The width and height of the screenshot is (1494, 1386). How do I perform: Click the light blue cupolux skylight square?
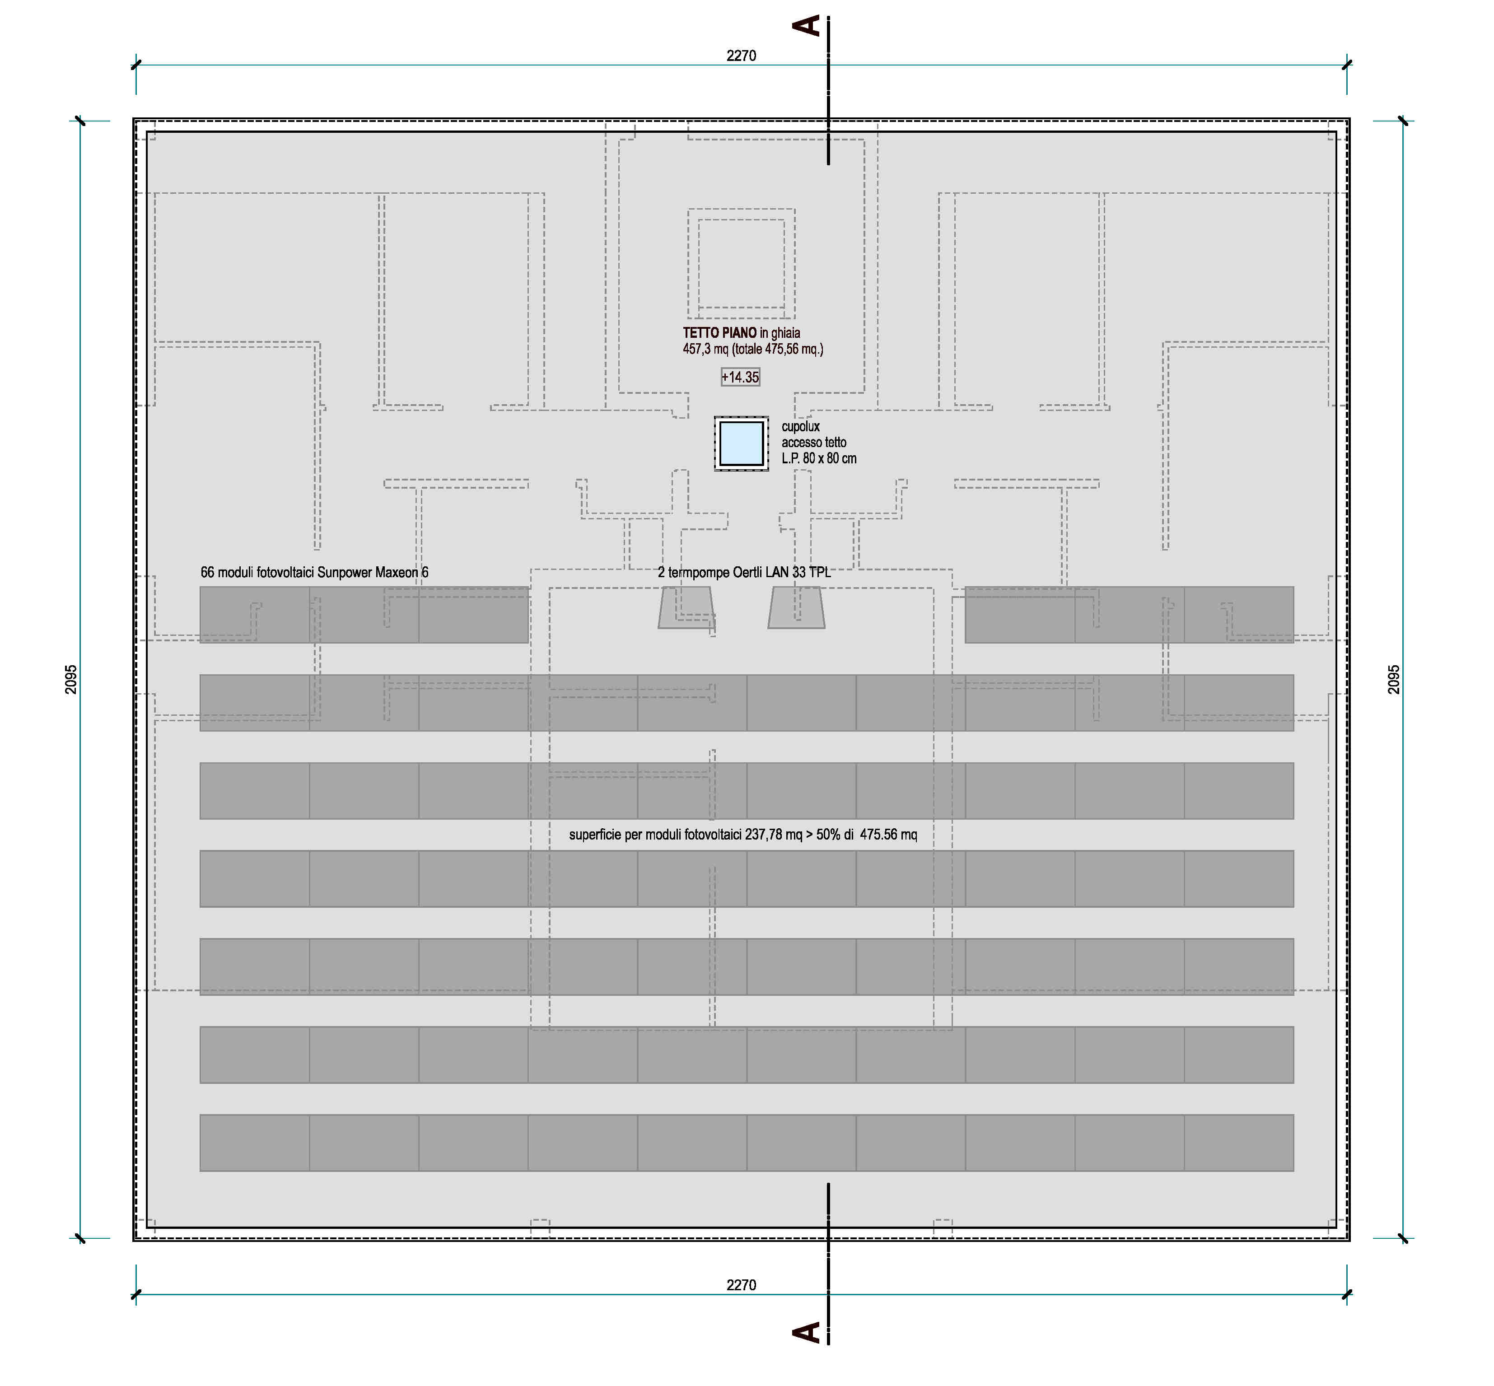(741, 443)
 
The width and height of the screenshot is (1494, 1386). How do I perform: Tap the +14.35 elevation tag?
(740, 377)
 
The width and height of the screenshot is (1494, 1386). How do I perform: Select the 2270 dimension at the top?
(741, 56)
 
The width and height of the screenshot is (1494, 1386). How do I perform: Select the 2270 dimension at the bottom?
(741, 1285)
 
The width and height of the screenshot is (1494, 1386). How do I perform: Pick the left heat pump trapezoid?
(686, 607)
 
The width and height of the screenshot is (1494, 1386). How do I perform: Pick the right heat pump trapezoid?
(797, 607)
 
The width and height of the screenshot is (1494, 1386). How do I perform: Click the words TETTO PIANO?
(719, 333)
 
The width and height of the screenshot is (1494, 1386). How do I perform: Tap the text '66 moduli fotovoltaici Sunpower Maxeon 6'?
(314, 572)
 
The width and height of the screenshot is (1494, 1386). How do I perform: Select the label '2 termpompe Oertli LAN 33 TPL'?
(744, 572)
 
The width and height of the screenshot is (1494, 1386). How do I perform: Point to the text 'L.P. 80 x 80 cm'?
(819, 458)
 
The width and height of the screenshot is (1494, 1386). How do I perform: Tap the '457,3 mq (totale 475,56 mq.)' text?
(753, 349)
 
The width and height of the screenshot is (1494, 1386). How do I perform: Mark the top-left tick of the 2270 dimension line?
(136, 65)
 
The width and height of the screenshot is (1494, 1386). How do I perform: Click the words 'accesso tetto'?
(814, 443)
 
